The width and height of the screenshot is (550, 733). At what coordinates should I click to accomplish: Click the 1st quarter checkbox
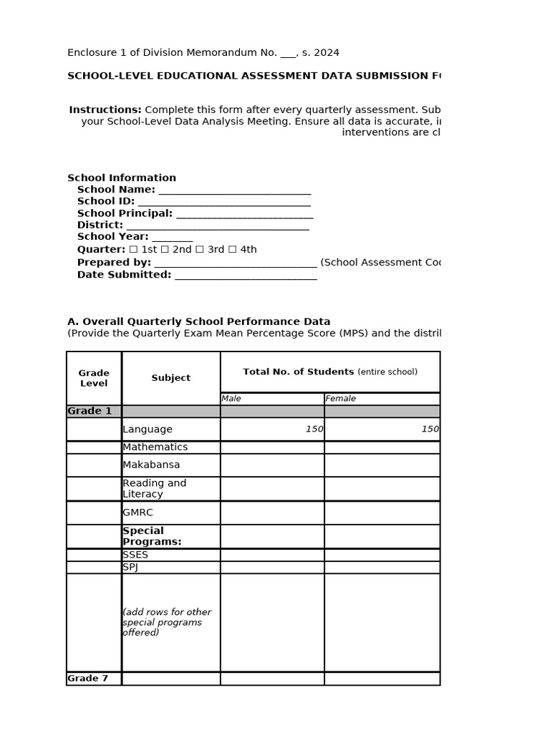click(132, 250)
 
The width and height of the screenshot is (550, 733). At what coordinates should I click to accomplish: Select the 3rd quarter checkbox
click(200, 250)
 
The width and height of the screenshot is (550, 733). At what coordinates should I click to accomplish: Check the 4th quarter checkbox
click(233, 250)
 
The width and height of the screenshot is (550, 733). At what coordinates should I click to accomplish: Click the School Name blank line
click(235, 190)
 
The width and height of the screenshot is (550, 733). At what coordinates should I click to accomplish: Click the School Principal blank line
click(244, 214)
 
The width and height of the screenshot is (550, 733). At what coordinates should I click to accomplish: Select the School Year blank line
click(172, 238)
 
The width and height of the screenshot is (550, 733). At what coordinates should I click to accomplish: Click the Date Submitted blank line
click(245, 276)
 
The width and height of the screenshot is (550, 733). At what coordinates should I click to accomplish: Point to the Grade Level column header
click(94, 378)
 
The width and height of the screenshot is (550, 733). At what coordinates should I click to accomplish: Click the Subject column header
click(170, 378)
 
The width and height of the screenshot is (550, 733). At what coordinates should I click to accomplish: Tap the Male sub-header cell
click(271, 399)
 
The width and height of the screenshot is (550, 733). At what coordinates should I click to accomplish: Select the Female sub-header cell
click(382, 399)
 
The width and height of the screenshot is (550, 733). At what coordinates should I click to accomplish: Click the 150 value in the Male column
click(314, 429)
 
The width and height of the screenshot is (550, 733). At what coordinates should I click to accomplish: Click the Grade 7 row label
click(88, 679)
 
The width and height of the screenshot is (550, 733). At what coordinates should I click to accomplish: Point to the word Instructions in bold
click(105, 110)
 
